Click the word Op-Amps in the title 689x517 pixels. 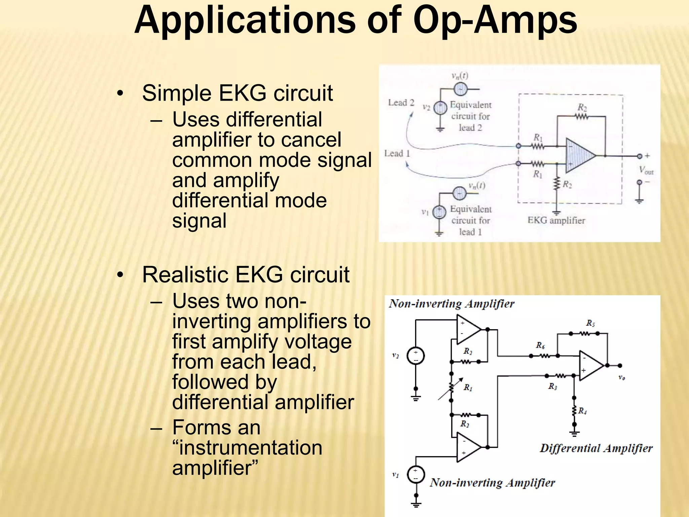495,21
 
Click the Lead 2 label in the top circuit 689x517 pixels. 401,102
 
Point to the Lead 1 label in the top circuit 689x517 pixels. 397,153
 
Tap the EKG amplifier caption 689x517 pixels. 556,220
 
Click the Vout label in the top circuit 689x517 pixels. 646,170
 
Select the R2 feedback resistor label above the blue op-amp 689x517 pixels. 582,108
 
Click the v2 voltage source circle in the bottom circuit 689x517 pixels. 416,356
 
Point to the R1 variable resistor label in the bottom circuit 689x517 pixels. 468,388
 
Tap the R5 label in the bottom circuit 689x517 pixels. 590,323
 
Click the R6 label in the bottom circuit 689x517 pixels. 540,345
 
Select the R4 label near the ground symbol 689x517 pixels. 583,411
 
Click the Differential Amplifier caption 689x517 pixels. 596,448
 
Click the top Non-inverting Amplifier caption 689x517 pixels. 451,304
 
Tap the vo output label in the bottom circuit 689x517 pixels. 622,378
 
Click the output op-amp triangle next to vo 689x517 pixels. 590,366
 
